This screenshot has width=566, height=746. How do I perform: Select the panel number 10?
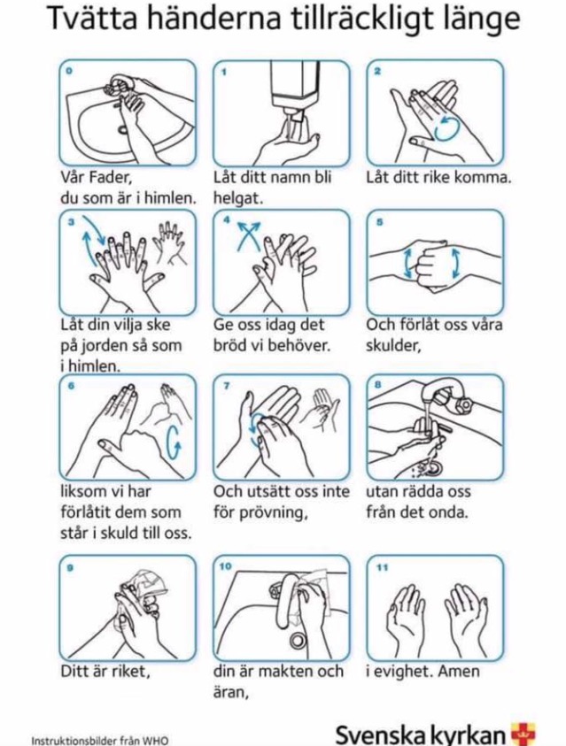tap(226, 565)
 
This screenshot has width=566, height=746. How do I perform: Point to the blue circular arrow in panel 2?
tap(447, 127)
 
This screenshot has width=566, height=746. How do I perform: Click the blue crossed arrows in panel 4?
tap(249, 235)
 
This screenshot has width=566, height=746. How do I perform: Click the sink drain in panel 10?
tap(299, 639)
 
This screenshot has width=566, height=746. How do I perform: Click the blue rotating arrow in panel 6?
tap(174, 441)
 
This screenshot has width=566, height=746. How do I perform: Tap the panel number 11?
tap(383, 566)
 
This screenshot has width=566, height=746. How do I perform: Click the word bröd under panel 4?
tap(230, 345)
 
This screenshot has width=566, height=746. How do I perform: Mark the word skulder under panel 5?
tap(393, 345)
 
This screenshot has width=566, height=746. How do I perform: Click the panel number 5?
tap(379, 222)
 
